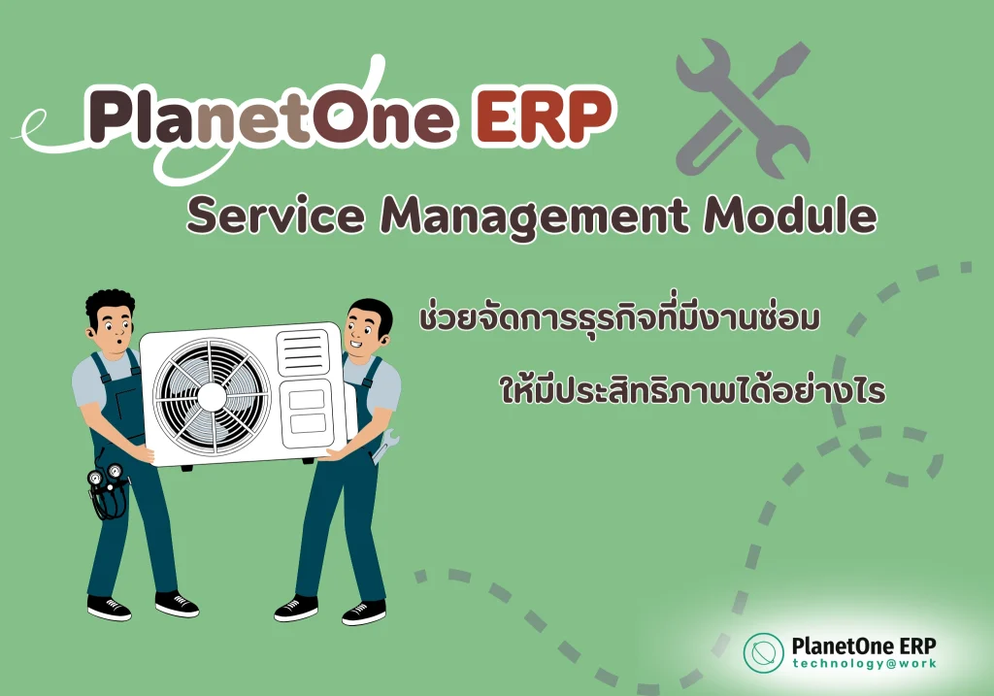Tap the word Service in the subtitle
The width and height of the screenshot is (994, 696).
[x=277, y=215]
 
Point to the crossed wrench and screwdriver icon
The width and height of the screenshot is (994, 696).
[x=743, y=107]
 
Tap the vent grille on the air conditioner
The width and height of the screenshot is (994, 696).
[x=303, y=352]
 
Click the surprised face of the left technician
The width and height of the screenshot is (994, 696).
[x=116, y=330]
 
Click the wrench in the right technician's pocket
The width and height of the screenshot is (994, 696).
[x=384, y=446]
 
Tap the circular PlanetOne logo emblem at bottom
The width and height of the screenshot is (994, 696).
[x=763, y=652]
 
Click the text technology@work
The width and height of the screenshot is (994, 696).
[x=864, y=664]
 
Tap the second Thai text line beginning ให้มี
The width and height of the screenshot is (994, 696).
[x=692, y=387]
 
